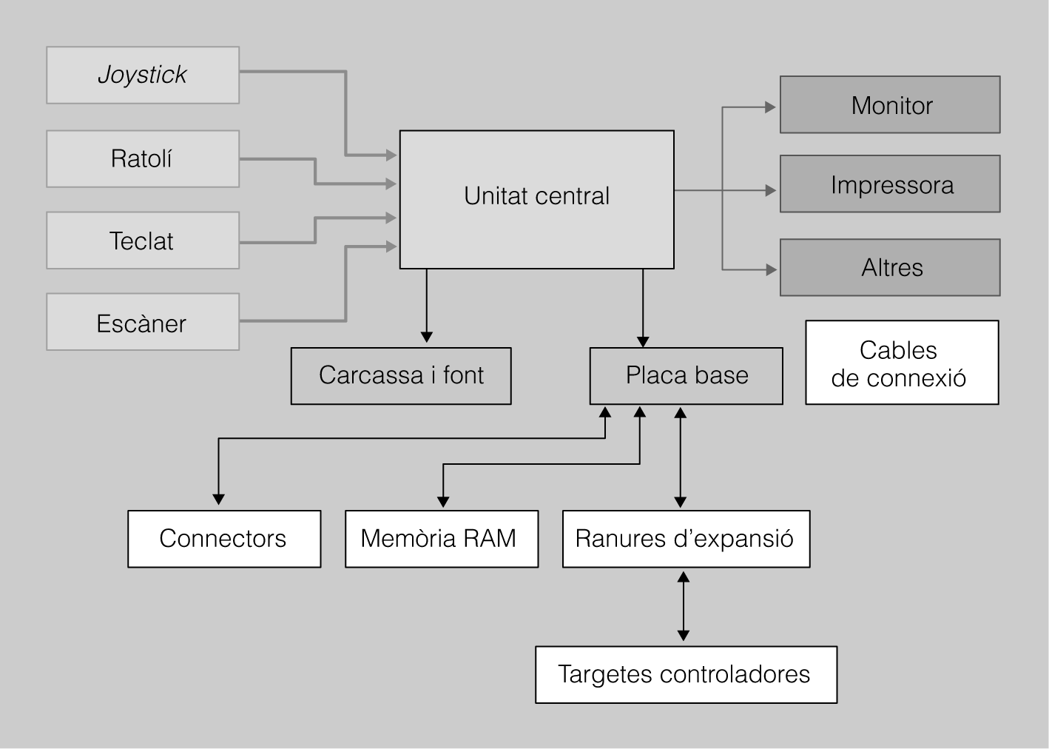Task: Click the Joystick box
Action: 143,75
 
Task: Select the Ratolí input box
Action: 143,158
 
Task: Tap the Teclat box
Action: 143,241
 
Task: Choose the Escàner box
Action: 143,322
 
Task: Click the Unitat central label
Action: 536,196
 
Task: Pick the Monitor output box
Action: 890,105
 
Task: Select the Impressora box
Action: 890,184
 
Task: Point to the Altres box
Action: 890,267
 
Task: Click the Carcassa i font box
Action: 401,376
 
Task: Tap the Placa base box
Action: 686,376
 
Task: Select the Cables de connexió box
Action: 902,363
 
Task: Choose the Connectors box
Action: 224,539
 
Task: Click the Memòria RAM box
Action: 442,539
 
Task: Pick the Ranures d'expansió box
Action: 686,539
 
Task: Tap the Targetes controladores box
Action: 686,674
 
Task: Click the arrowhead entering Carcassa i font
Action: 426,337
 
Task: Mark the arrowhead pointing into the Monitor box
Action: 770,107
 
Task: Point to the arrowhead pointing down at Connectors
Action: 218,500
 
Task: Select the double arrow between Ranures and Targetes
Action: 684,606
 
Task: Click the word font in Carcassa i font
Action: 463,375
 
